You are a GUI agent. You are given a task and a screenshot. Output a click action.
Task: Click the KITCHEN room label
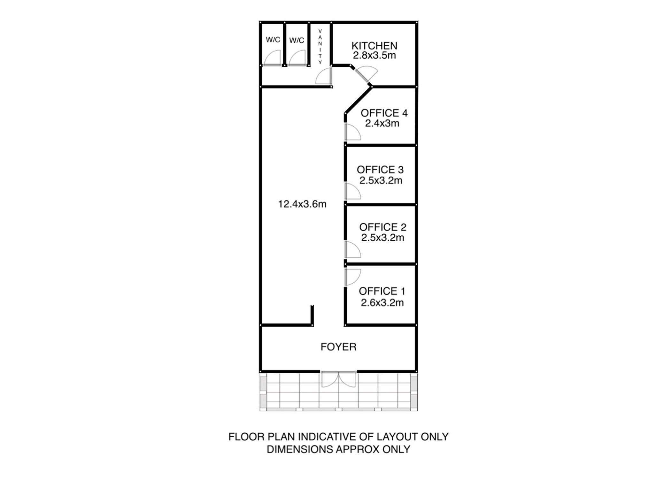374,46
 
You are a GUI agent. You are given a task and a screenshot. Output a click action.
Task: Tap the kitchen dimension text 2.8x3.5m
374,55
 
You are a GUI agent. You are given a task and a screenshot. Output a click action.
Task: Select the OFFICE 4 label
384,113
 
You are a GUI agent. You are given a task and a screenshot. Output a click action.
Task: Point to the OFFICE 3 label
380,170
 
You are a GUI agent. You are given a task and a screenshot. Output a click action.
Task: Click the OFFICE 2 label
383,227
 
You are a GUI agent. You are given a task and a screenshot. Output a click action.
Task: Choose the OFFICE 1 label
382,291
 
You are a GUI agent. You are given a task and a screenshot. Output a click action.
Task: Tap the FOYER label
338,347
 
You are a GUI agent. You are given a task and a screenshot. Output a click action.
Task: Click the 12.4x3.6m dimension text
302,204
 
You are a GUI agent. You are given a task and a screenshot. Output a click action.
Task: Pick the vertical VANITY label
320,47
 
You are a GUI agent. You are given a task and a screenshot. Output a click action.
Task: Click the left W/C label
273,40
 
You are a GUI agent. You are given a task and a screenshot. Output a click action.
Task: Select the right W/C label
297,40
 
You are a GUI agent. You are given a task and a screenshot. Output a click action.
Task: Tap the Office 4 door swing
352,132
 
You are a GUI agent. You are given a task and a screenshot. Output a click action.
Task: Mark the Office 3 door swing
352,191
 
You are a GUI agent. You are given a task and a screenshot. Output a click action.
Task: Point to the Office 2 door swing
352,249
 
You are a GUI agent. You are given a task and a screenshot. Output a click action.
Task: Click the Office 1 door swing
352,277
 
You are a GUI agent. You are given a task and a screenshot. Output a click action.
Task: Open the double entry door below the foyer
338,379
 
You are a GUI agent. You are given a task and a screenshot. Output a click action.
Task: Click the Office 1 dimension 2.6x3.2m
382,302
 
